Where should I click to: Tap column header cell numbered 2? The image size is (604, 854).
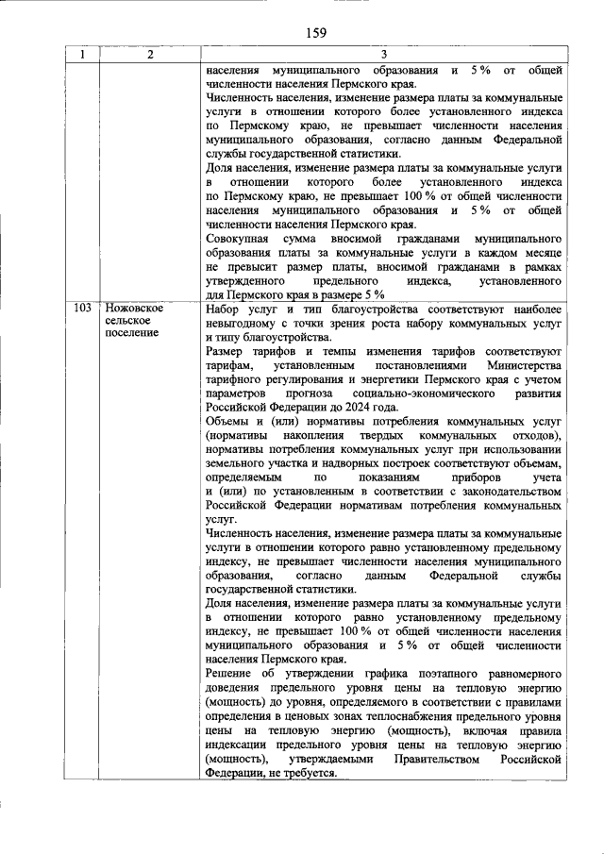click(149, 55)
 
